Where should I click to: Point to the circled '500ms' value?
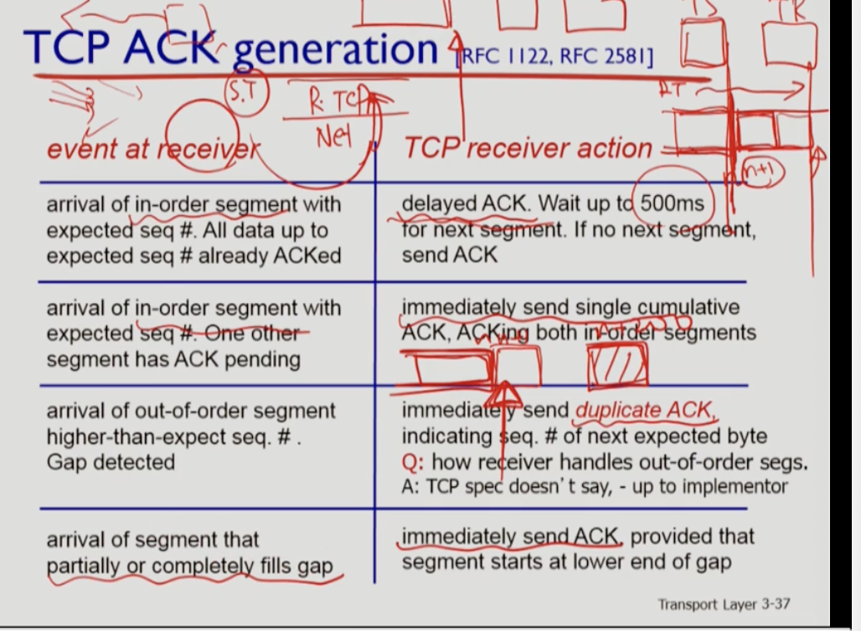coord(673,203)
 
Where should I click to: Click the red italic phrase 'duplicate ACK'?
coord(645,411)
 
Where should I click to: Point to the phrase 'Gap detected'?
coord(111,461)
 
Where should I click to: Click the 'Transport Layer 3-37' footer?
coord(724,604)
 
